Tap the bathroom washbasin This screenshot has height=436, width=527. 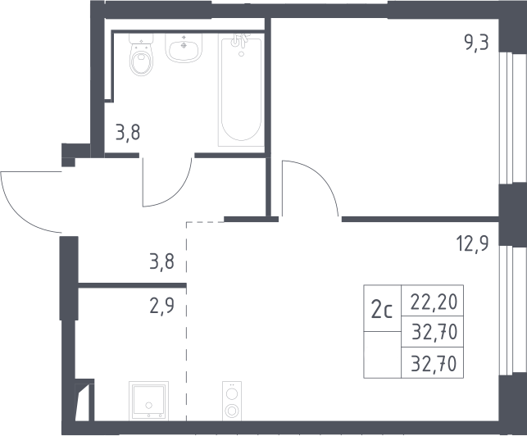pos(184,48)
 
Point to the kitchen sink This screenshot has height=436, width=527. pos(148,401)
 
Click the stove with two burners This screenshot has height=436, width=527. pos(232,401)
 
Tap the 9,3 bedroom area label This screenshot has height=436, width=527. pos(476,43)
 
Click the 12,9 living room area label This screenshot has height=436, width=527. pos(472,243)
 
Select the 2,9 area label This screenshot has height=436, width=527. pos(162,306)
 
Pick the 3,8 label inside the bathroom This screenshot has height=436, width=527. pos(128,133)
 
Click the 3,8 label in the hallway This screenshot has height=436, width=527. pos(162,261)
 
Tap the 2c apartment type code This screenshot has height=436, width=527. pos(382,311)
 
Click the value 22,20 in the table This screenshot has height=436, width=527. pos(434,302)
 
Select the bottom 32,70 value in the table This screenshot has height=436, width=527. pos(434,363)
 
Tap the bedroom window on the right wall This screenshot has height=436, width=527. pos(507,118)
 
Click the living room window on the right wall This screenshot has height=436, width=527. pos(507,310)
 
